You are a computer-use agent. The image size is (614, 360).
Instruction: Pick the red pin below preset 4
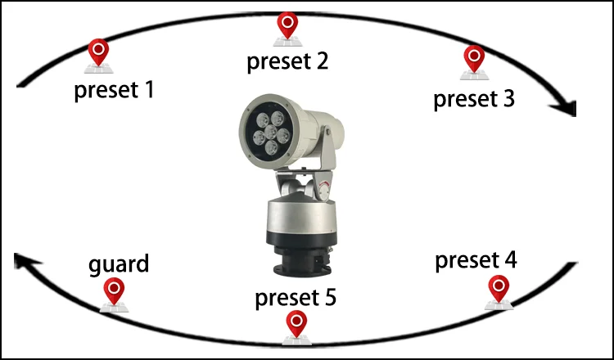[498, 289]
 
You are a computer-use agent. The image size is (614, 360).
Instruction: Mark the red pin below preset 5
[296, 324]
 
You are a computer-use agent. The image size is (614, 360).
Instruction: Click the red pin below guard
[115, 290]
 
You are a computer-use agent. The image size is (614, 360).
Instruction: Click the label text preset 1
[114, 89]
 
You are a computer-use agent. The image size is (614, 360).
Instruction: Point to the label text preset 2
[287, 61]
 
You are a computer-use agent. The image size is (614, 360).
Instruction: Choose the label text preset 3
[474, 99]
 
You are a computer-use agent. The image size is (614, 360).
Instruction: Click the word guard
[119, 264]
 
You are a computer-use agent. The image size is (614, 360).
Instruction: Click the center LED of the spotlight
[269, 132]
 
